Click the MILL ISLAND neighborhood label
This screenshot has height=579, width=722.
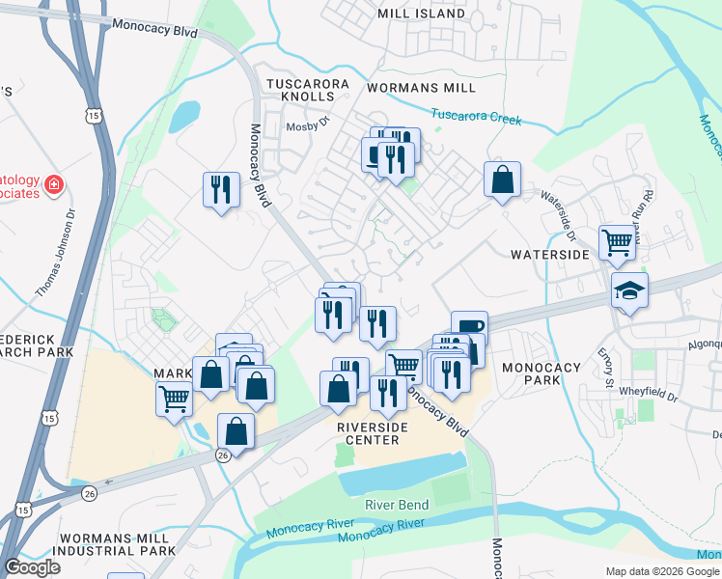[x=422, y=14]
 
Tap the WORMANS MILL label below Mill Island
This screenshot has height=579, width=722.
[x=422, y=88]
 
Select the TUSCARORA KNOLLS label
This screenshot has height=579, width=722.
[x=307, y=91]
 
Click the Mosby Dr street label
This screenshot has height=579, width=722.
[x=308, y=123]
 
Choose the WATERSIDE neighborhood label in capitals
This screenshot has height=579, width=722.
[x=549, y=254]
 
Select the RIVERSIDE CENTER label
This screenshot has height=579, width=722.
[x=368, y=433]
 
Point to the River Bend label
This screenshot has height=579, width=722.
[x=395, y=505]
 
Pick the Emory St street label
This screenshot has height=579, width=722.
[x=605, y=369]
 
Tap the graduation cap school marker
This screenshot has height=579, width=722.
[x=629, y=289]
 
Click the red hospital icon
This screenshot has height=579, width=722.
[x=55, y=183]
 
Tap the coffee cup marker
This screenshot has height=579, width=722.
[x=469, y=327]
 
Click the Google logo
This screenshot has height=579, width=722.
[x=32, y=567]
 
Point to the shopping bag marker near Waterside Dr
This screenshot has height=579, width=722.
[x=502, y=179]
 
